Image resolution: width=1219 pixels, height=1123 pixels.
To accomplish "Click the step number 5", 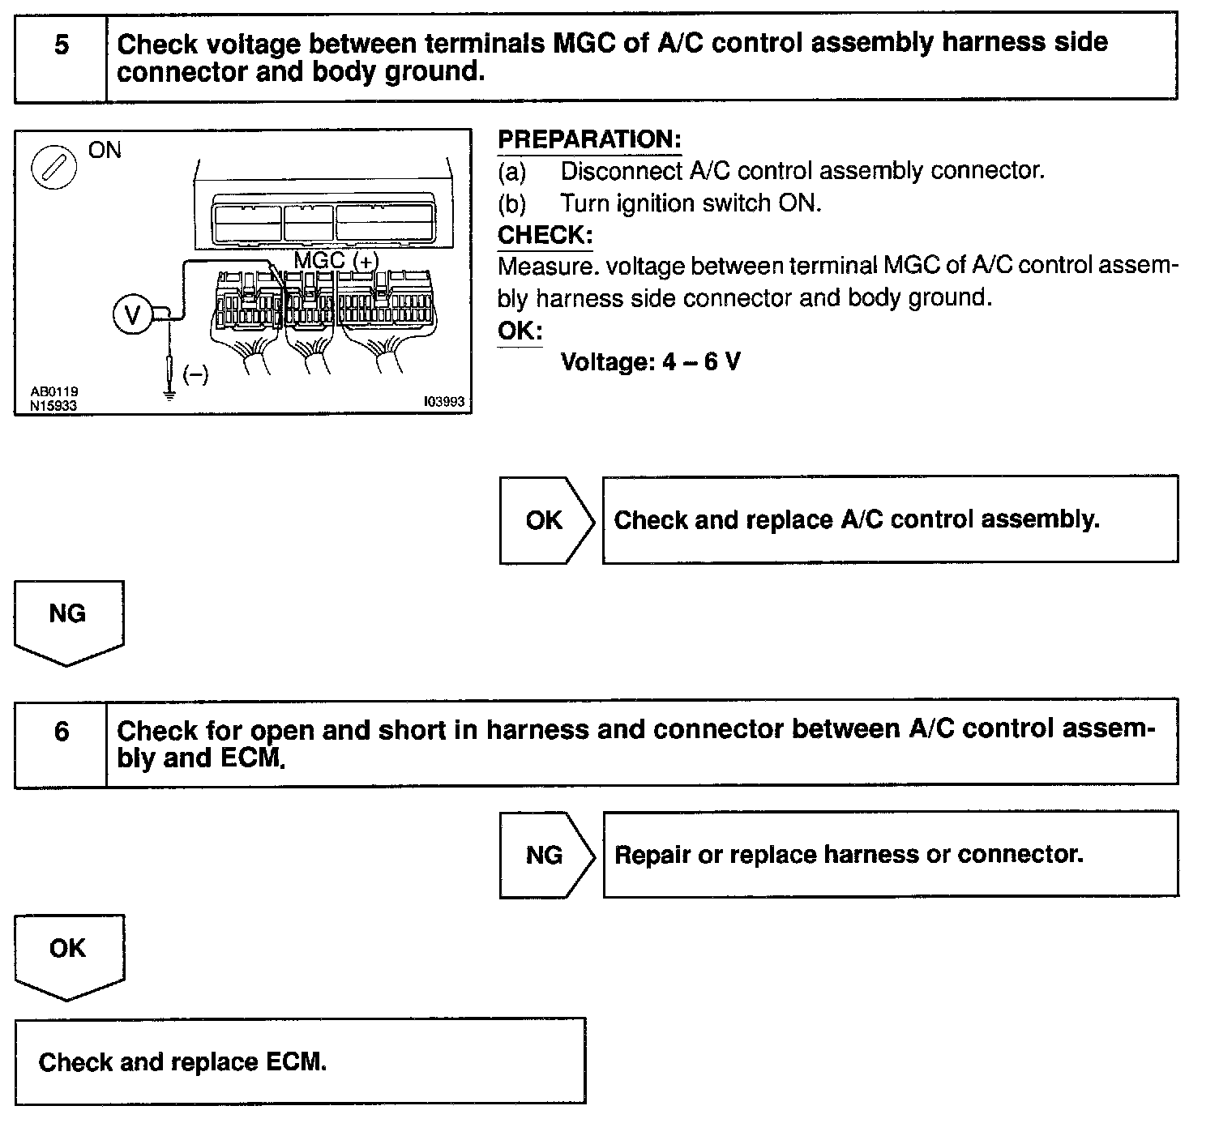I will tap(61, 45).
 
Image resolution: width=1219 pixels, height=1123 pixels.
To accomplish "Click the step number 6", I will tap(62, 732).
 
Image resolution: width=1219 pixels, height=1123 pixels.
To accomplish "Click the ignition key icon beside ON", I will tap(53, 170).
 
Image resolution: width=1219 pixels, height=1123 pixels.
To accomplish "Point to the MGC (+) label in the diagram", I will tap(336, 261).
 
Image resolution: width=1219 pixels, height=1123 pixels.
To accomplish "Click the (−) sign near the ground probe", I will tap(195, 374).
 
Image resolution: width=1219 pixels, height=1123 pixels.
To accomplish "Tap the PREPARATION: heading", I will tap(589, 139).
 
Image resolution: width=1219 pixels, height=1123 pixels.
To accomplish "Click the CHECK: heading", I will tap(545, 235).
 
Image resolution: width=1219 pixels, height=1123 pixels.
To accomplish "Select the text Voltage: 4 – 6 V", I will tap(650, 361).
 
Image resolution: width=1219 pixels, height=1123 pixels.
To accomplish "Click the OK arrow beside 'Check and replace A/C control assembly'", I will tap(545, 520).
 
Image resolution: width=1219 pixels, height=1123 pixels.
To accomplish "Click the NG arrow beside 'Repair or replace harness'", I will tap(545, 855).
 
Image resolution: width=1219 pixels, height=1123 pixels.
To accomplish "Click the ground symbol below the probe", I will tap(169, 396).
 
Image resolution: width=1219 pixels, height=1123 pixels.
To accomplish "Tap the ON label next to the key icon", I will tap(105, 151).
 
